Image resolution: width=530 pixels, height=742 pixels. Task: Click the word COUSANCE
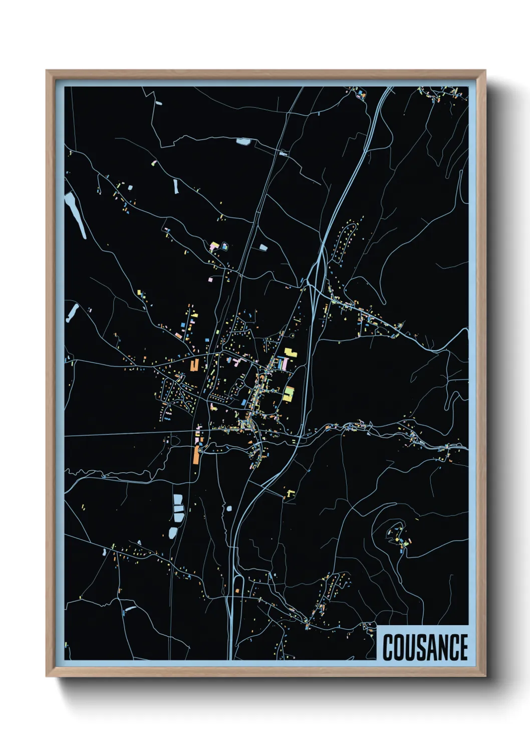point(425,647)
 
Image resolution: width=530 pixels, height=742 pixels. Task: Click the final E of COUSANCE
point(463,647)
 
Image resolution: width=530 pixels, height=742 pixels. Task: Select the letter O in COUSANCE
point(398,647)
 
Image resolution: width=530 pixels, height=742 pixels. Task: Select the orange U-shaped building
point(194,365)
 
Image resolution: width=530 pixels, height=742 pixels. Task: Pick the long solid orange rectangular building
point(196,455)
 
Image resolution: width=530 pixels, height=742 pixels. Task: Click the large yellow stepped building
point(291,353)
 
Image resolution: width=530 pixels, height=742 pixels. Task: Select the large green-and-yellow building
point(289,393)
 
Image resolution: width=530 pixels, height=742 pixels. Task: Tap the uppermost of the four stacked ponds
point(178,499)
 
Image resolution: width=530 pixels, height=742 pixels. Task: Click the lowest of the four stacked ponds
point(172,532)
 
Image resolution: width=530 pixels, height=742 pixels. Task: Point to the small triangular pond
point(262,247)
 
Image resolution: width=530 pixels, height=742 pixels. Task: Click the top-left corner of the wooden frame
point(47,71)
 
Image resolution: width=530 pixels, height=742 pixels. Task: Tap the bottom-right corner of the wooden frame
point(484,676)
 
